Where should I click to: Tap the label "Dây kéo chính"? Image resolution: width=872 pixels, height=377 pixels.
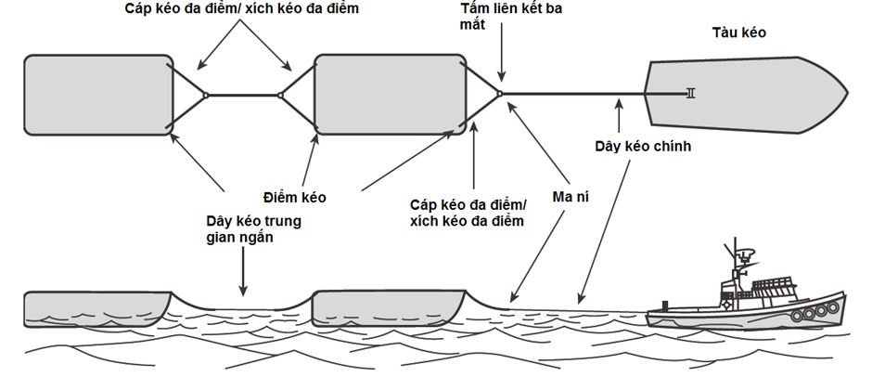point(643,147)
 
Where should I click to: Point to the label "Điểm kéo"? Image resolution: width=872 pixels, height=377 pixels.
point(293,198)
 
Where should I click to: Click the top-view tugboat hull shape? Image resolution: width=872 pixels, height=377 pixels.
point(742,93)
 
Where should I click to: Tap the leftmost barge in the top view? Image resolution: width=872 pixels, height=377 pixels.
point(97,95)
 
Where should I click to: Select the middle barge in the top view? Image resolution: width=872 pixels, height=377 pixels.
point(389,94)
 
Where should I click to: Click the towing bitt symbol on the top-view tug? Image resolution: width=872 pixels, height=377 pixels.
point(688,93)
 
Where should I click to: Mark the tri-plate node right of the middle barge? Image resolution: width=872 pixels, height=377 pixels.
point(500,93)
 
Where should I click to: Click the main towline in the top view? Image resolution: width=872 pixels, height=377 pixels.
point(575,93)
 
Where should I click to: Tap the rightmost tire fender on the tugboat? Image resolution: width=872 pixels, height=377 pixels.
point(821,313)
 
